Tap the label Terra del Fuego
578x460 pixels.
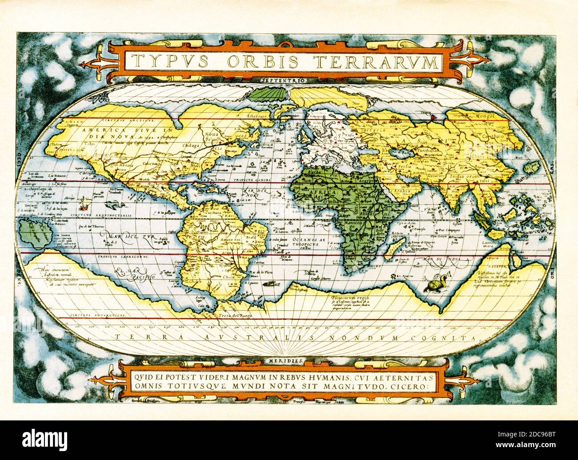click(232, 315)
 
